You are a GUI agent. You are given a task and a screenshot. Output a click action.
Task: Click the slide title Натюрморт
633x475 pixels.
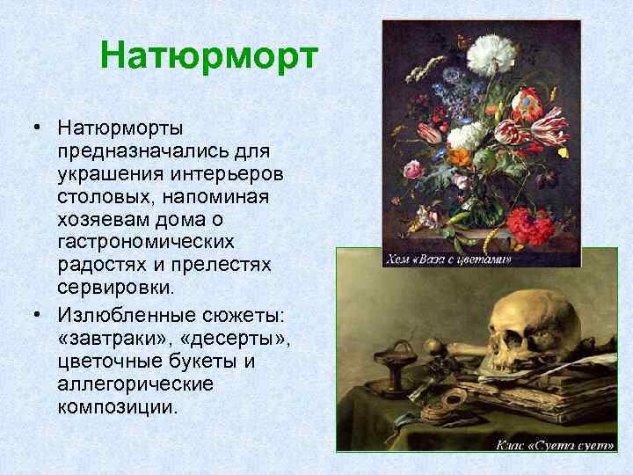[x=207, y=56]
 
